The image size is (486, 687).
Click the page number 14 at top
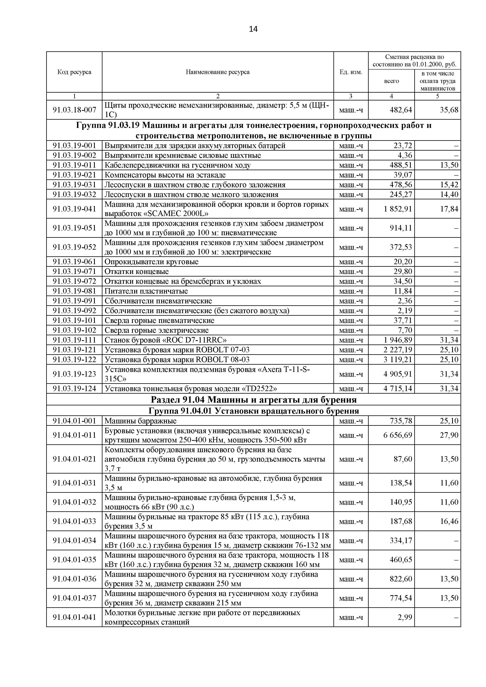pyautogui.click(x=253, y=29)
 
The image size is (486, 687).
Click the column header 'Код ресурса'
pyautogui.click(x=74, y=72)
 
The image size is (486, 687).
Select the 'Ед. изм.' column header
pyautogui.click(x=350, y=72)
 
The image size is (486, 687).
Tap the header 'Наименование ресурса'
pyautogui.click(x=218, y=72)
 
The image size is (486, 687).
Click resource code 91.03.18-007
pyautogui.click(x=74, y=110)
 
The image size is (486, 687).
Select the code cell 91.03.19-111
pyautogui.click(x=74, y=340)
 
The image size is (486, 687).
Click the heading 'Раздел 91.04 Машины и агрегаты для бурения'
pyautogui.click(x=253, y=400)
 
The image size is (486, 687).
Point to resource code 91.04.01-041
pyautogui.click(x=74, y=617)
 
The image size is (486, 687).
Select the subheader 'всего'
pyautogui.click(x=391, y=81)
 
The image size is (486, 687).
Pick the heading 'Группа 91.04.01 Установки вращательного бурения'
pyautogui.click(x=253, y=411)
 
